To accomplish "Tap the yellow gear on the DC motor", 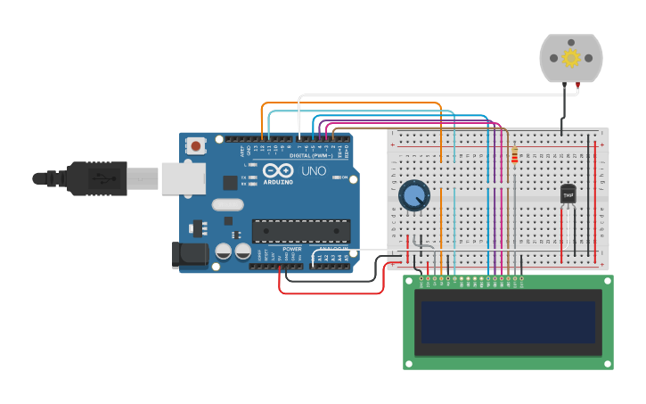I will [571, 58].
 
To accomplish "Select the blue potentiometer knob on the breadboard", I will [413, 195].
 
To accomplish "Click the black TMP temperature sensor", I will [568, 194].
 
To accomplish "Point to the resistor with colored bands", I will [514, 158].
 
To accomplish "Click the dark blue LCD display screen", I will [508, 322].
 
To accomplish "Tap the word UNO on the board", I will [313, 170].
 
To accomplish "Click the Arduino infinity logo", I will [277, 170].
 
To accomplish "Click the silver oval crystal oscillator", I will [227, 204].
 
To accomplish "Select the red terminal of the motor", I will [578, 84].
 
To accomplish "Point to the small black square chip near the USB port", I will [230, 182].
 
